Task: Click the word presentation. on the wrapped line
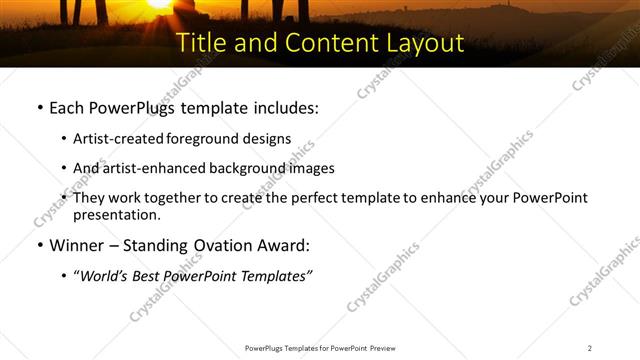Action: coord(116,214)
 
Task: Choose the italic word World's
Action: coord(104,276)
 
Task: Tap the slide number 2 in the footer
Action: coord(590,348)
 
